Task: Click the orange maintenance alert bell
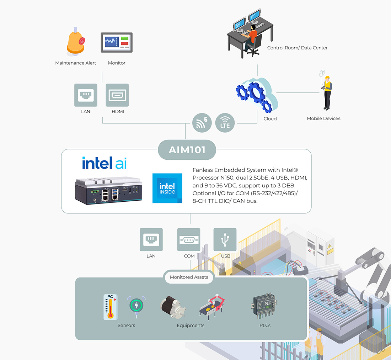(x=75, y=42)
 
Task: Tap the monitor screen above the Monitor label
(x=117, y=43)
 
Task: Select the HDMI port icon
(x=117, y=95)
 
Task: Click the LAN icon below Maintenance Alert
(x=86, y=95)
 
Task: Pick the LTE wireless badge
(x=225, y=123)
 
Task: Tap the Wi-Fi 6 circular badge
(x=202, y=123)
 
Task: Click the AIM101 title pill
(x=187, y=150)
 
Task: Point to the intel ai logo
(x=104, y=163)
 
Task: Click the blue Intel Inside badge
(x=167, y=188)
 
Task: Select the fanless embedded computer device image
(x=108, y=190)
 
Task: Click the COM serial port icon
(x=189, y=239)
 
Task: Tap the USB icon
(x=225, y=239)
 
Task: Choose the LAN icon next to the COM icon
(x=151, y=239)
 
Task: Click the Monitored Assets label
(x=189, y=277)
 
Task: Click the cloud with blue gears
(x=257, y=95)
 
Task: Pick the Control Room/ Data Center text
(x=297, y=48)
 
